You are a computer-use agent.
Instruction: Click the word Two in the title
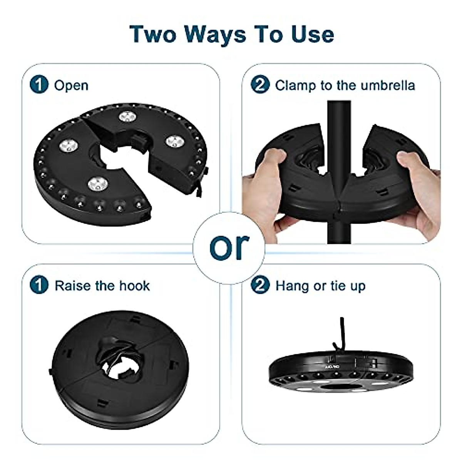pyautogui.click(x=153, y=34)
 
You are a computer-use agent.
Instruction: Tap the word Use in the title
pyautogui.click(x=312, y=34)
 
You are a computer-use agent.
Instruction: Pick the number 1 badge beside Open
pyautogui.click(x=39, y=85)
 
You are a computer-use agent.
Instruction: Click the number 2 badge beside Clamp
pyautogui.click(x=260, y=85)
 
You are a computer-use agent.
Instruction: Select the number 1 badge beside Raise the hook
pyautogui.click(x=39, y=286)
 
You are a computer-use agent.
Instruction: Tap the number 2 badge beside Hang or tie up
pyautogui.click(x=260, y=286)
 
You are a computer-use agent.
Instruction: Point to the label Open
pyautogui.click(x=71, y=85)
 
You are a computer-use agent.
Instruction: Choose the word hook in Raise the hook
pyautogui.click(x=134, y=286)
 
